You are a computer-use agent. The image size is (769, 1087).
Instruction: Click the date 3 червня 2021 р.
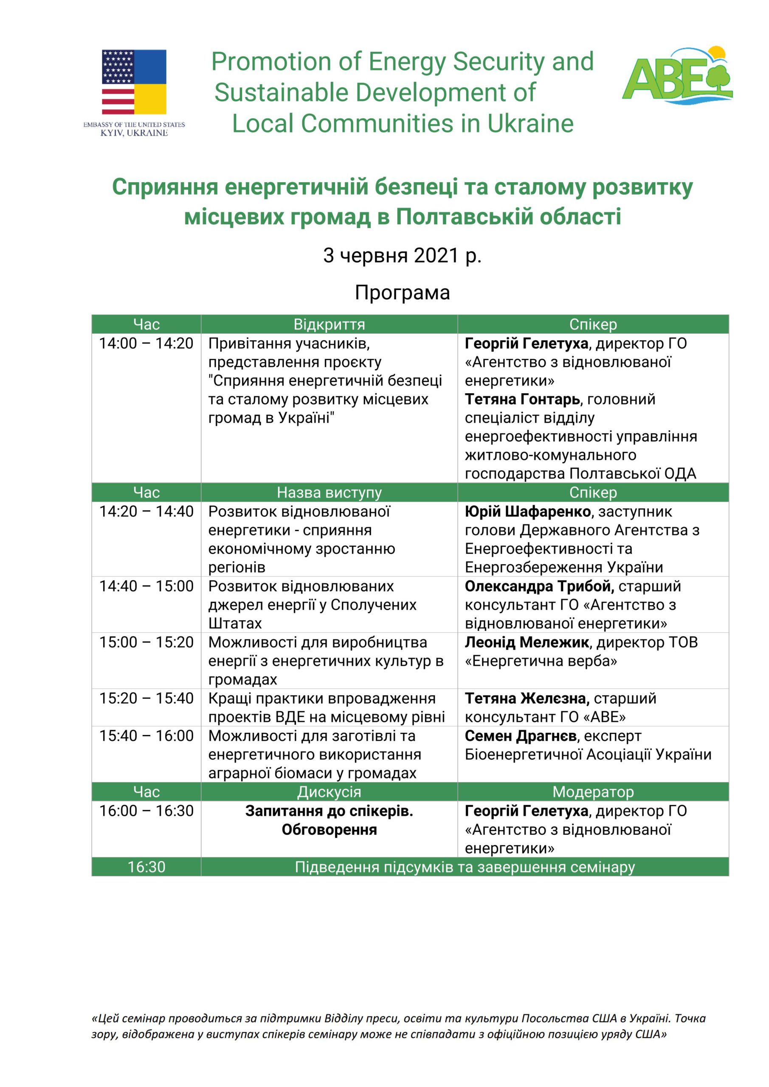click(402, 256)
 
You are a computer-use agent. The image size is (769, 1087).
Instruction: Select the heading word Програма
click(402, 293)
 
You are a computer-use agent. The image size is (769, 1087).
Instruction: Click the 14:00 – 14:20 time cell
click(146, 343)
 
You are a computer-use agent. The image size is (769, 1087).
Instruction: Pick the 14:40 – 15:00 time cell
click(146, 586)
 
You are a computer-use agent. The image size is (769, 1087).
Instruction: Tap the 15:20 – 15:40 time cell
click(146, 698)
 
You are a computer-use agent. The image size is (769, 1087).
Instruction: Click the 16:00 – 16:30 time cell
click(146, 811)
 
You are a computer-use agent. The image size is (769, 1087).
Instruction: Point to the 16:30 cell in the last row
click(146, 867)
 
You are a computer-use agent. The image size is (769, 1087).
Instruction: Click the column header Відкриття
click(329, 324)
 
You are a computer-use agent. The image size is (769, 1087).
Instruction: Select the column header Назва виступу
click(329, 493)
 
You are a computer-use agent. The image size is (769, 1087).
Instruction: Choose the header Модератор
click(593, 791)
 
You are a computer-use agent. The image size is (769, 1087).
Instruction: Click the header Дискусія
click(329, 791)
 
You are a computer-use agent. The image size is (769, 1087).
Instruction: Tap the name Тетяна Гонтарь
click(522, 399)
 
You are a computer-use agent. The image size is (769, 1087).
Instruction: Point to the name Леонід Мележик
click(527, 642)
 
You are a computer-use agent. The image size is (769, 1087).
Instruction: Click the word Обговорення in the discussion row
click(329, 829)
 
